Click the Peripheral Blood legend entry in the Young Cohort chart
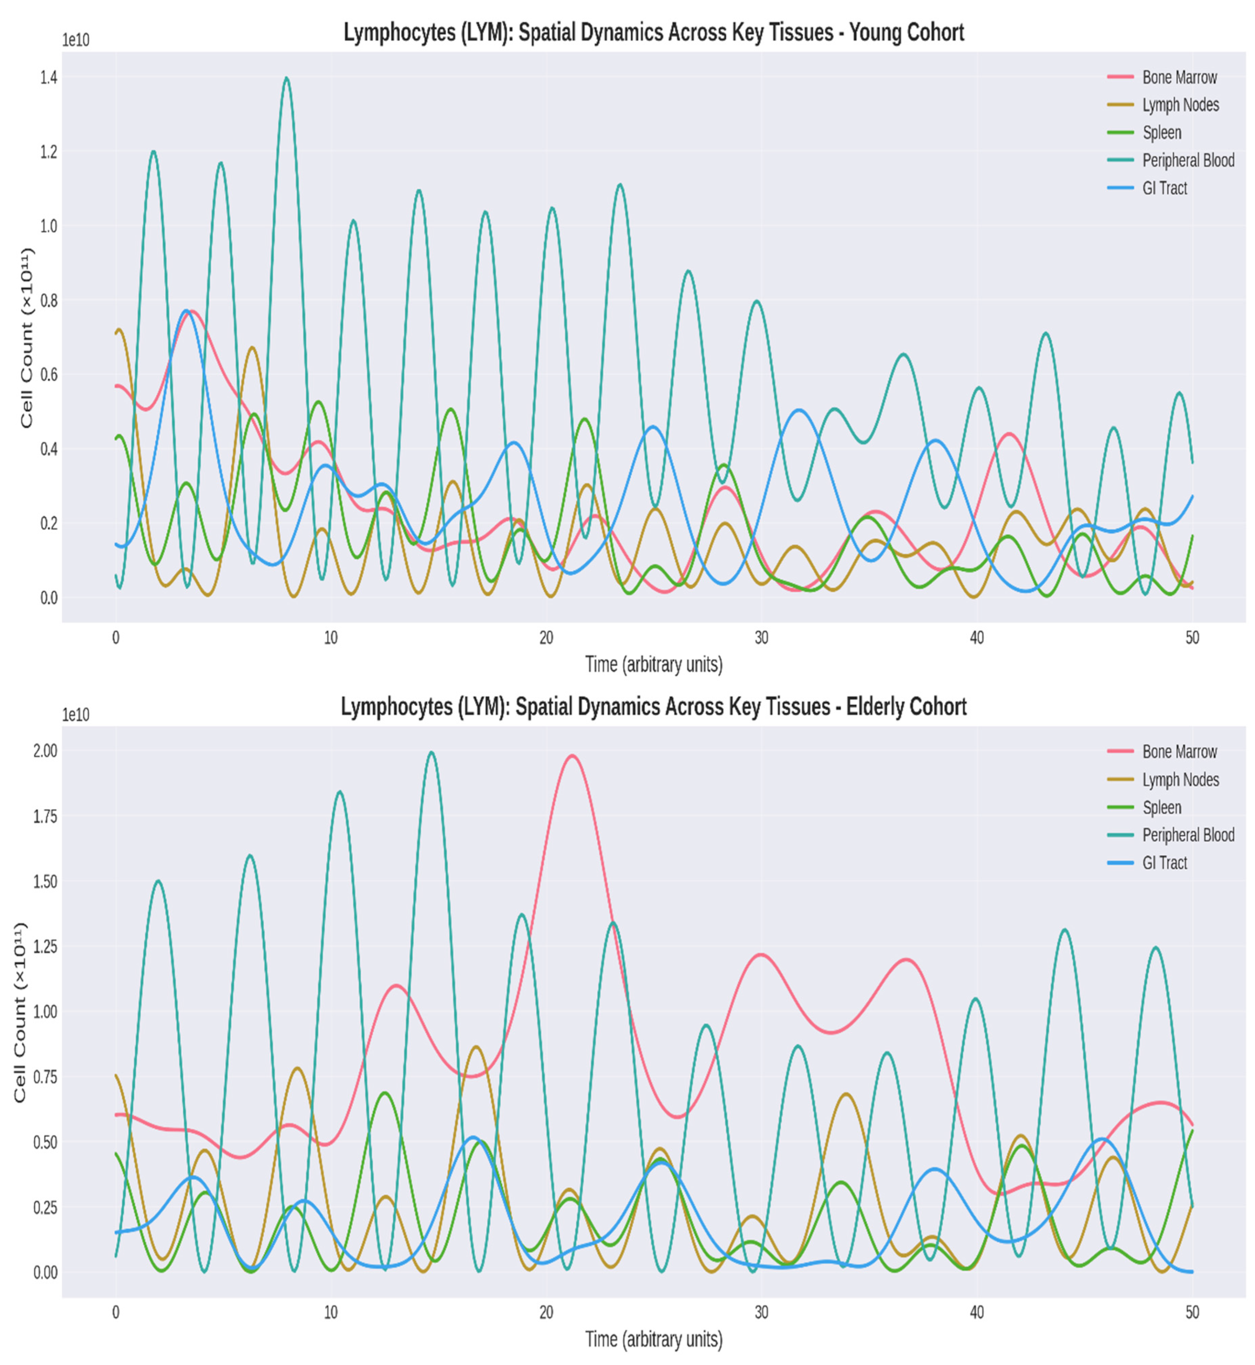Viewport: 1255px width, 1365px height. click(1188, 160)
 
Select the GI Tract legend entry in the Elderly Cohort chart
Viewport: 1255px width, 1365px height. click(1164, 863)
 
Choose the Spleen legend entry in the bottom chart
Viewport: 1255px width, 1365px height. click(1161, 807)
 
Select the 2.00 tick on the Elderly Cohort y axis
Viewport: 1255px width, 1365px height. click(45, 751)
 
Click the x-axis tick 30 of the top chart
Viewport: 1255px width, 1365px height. click(761, 638)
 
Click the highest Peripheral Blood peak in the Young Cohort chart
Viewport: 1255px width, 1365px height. click(286, 78)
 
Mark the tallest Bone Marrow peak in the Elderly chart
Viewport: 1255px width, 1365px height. click(572, 755)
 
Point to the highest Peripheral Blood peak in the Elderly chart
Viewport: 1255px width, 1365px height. click(431, 752)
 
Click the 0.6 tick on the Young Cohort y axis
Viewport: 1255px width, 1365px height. click(48, 374)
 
